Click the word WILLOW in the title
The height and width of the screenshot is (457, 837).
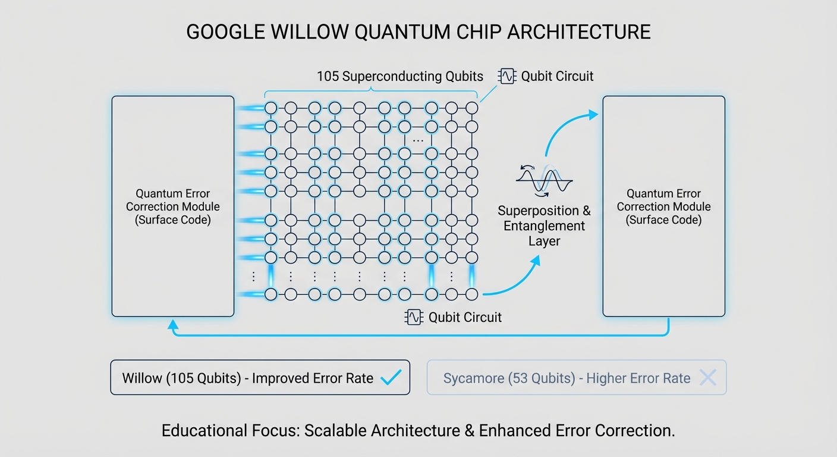[307, 32]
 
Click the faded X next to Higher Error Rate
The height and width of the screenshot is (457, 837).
[707, 377]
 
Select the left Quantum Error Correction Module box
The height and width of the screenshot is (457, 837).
[172, 206]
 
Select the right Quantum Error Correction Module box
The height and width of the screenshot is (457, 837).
[663, 206]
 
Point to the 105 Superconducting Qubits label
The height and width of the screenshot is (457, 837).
[399, 76]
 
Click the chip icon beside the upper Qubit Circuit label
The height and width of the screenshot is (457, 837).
[508, 76]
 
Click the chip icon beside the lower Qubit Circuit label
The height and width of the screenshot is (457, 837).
[413, 317]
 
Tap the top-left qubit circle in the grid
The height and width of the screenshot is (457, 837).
[271, 108]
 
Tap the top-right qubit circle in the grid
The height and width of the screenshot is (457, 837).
[471, 108]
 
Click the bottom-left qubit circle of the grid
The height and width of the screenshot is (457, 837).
[271, 294]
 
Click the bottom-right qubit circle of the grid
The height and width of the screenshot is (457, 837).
[471, 294]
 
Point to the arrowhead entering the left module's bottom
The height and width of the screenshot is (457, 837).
[172, 324]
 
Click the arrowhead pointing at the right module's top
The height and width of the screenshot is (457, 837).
[593, 114]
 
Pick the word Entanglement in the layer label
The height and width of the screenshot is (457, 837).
[544, 226]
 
